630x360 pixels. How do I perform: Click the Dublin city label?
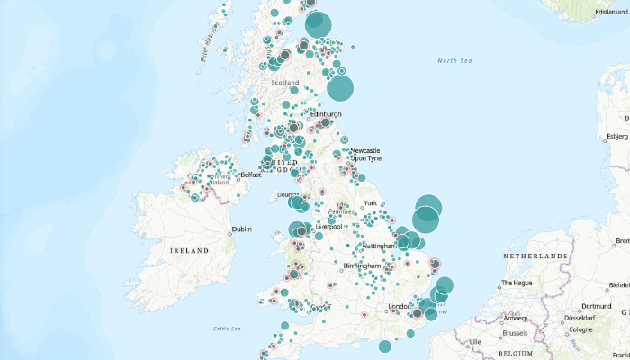tap(241, 229)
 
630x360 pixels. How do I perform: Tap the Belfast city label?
tap(250, 175)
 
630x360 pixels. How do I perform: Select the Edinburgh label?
tap(326, 114)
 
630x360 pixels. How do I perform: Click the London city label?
tap(399, 307)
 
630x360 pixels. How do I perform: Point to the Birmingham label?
tap(361, 266)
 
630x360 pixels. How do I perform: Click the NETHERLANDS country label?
tap(536, 257)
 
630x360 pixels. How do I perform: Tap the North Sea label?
tap(454, 60)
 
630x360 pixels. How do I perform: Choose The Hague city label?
tap(518, 283)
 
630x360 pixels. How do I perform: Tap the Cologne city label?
tap(581, 329)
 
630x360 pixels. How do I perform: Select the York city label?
tap(370, 202)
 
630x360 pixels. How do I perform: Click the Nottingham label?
tap(379, 246)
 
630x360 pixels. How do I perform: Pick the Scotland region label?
tap(285, 83)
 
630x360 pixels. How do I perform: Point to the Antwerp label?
tap(516, 318)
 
